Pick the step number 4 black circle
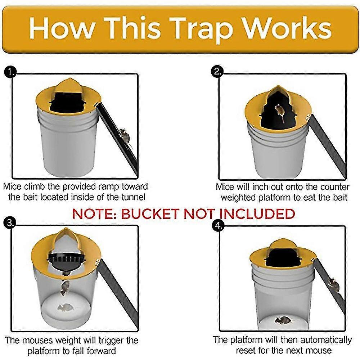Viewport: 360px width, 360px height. (x=219, y=226)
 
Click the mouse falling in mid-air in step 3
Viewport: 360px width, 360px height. (x=65, y=287)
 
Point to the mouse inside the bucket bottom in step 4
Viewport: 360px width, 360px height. (x=283, y=320)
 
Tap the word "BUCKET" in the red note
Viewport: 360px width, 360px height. (x=150, y=213)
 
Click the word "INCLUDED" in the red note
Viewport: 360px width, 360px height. (x=257, y=213)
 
